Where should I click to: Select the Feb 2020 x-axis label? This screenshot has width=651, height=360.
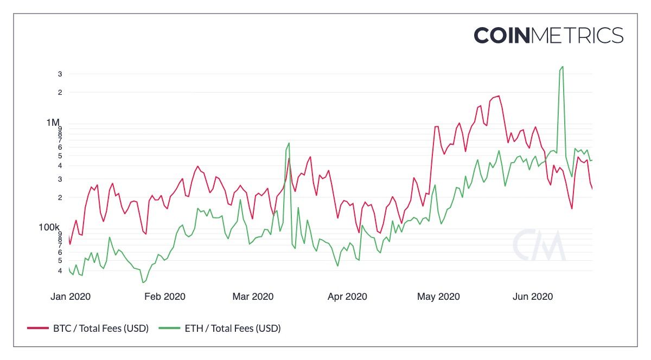(164, 297)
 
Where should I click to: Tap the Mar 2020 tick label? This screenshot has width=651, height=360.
(253, 297)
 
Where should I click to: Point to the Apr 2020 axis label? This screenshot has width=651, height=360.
(347, 297)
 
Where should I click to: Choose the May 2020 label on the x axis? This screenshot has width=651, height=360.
(438, 297)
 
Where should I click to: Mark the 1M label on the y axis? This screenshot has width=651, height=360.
(53, 122)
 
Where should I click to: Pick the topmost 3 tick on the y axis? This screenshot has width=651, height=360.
(60, 74)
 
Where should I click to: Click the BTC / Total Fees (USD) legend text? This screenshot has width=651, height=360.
(100, 328)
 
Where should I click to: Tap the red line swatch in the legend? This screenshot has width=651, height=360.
(37, 329)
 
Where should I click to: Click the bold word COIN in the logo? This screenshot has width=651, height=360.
(502, 35)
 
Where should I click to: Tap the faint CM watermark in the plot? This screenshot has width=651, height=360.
(539, 246)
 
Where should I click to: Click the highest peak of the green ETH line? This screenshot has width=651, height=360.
(563, 67)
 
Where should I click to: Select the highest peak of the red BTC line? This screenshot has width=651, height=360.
(499, 96)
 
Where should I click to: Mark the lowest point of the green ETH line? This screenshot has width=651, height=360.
(143, 282)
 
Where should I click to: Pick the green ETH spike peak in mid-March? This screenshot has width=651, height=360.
(289, 143)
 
